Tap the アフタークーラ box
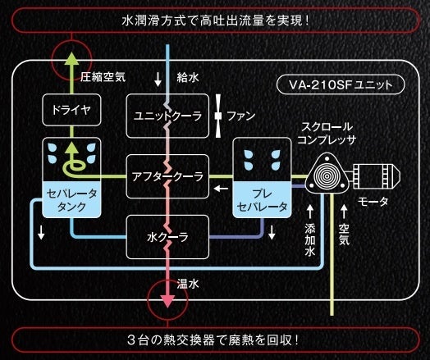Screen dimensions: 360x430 [x=167, y=175]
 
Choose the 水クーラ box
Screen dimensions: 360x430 [x=167, y=237]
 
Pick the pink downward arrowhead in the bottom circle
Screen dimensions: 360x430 [x=167, y=299]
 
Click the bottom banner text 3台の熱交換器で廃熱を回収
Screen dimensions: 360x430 [x=215, y=339]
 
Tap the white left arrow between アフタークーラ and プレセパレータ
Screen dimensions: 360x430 [x=221, y=191]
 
